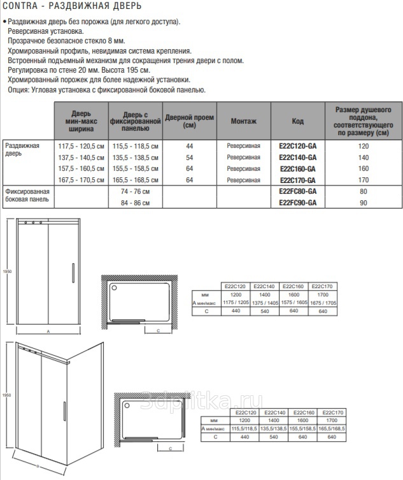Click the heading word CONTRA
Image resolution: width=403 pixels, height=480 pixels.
click(20, 7)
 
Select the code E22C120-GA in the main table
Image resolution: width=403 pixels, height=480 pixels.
click(297, 146)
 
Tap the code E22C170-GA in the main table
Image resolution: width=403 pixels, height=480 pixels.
click(297, 180)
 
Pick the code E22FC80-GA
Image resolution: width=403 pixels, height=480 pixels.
click(297, 191)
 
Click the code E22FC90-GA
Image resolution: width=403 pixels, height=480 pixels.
click(297, 203)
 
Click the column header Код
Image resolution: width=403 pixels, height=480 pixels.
click(297, 121)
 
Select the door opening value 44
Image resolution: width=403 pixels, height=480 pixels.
click(189, 146)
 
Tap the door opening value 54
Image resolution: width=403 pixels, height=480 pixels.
click(189, 157)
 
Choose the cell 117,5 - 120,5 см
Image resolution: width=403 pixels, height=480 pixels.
click(81, 146)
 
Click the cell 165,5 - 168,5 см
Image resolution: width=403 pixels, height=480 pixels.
click(134, 180)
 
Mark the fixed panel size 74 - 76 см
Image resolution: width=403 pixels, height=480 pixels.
click(134, 191)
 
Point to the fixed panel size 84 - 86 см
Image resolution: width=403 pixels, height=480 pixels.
click(134, 203)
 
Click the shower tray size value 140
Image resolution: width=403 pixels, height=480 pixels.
click(364, 157)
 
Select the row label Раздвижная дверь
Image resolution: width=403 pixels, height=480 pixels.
click(22, 150)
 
